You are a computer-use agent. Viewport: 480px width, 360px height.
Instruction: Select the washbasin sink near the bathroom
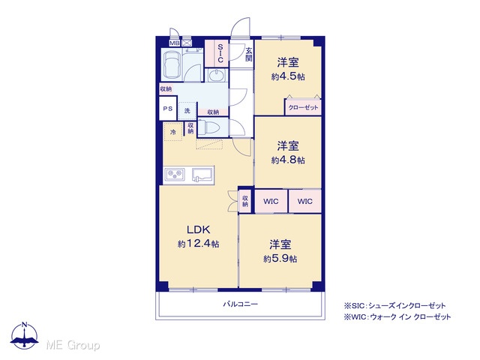pos(217,75)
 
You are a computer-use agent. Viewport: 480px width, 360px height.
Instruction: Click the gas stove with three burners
pos(175,175)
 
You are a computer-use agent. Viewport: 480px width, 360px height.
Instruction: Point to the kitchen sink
pos(202,175)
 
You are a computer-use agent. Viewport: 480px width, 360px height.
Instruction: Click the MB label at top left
pos(175,43)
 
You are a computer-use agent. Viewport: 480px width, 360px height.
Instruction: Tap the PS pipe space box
pos(168,108)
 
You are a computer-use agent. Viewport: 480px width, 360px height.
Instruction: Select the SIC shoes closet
pos(217,53)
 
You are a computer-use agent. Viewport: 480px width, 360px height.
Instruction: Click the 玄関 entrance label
pos(248,54)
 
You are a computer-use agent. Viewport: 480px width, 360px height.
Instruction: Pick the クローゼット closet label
pos(303,108)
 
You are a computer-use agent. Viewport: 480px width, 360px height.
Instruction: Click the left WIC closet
pos(271,202)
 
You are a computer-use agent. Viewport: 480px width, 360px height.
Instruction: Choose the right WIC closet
pos(305,202)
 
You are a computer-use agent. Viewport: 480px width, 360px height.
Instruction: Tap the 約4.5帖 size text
pos(288,76)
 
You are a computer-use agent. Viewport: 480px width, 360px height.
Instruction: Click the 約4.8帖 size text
pos(288,160)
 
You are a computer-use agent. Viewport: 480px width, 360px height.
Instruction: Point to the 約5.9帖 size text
pos(280,259)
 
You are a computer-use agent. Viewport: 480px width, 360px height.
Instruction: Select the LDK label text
pos(198,229)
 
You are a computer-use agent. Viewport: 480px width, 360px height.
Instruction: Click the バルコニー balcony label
pos(240,304)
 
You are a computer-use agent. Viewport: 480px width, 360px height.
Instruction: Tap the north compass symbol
pos(25,335)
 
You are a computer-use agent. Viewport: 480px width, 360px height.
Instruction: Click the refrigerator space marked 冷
pos(173,132)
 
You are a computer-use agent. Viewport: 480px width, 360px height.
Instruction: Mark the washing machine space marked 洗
pos(187,111)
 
